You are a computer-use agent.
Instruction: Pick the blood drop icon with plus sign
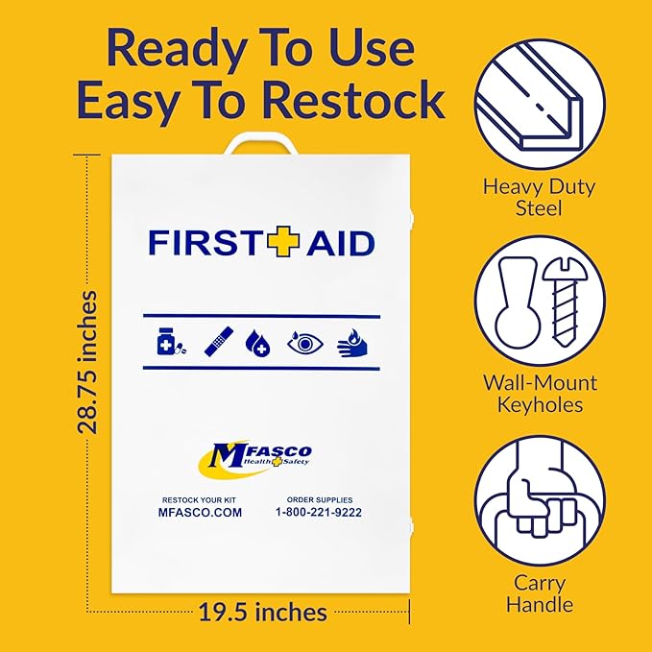[258, 343]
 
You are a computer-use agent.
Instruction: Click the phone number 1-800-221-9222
[320, 513]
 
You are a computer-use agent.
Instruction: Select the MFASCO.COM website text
[200, 513]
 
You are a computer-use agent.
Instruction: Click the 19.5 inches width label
[263, 611]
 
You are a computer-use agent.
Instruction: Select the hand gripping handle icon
[539, 494]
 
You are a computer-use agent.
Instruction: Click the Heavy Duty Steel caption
[539, 198]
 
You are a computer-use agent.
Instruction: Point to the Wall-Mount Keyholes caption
[540, 394]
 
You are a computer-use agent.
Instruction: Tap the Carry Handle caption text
[541, 593]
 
